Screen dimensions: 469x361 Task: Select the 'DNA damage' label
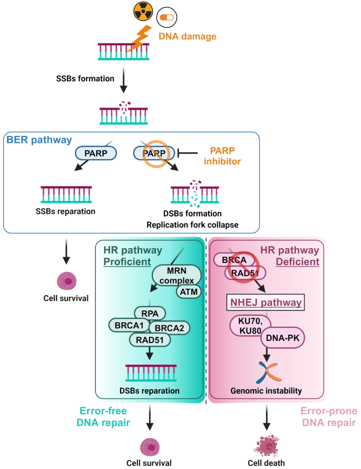188,37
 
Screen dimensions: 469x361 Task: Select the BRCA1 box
129,326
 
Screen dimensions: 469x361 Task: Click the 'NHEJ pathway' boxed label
265,302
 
